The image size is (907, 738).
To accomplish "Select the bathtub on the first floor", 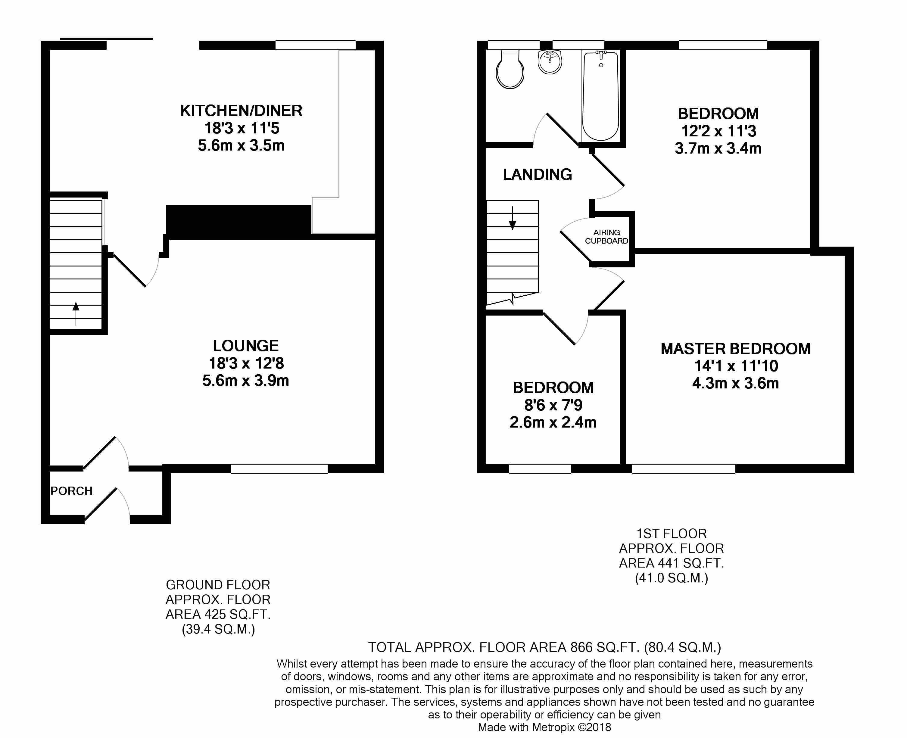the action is tap(600, 96).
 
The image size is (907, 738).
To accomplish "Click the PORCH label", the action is tap(71, 491).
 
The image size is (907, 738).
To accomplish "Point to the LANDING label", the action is tap(538, 174).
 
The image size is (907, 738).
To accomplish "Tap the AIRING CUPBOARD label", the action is tap(606, 237).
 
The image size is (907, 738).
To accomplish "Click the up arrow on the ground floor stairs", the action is tap(76, 313).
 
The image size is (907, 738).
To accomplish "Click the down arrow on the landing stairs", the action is tap(513, 218).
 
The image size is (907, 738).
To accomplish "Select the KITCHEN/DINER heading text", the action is tap(241, 111).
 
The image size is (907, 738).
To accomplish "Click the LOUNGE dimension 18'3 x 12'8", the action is tap(246, 363).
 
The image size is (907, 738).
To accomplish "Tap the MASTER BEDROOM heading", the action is tap(736, 349).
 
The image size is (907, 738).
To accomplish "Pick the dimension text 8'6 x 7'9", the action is tap(553, 405).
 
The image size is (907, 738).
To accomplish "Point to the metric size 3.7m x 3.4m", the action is tap(718, 148).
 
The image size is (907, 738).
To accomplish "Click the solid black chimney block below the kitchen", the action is tap(238, 220).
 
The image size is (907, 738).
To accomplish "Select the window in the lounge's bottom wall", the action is tap(279, 469).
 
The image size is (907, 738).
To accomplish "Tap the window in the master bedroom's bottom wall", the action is tap(683, 469).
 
